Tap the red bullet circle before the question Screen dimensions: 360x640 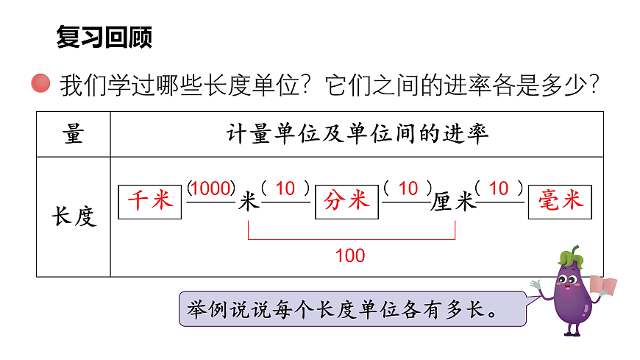pos(41,84)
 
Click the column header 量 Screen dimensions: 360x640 pos(74,134)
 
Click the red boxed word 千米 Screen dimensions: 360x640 pos(150,201)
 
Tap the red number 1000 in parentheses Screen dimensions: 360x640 pos(211,189)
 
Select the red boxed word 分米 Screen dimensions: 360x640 pos(346,201)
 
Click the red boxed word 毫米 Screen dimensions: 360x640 pos(561,200)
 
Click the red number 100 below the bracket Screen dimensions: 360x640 pos(350,256)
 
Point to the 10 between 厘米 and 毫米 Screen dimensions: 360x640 pos(499,189)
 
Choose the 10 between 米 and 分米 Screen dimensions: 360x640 pos(285,189)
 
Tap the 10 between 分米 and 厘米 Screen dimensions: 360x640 pos(408,189)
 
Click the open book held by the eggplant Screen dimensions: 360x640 pos(605,286)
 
